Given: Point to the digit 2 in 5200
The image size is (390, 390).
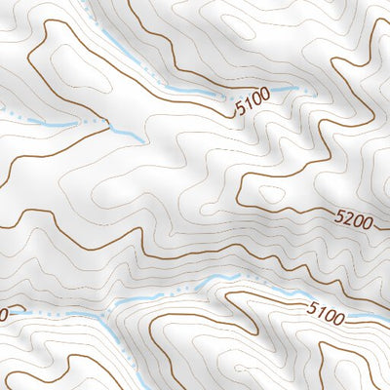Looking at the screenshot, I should coord(348,221).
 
